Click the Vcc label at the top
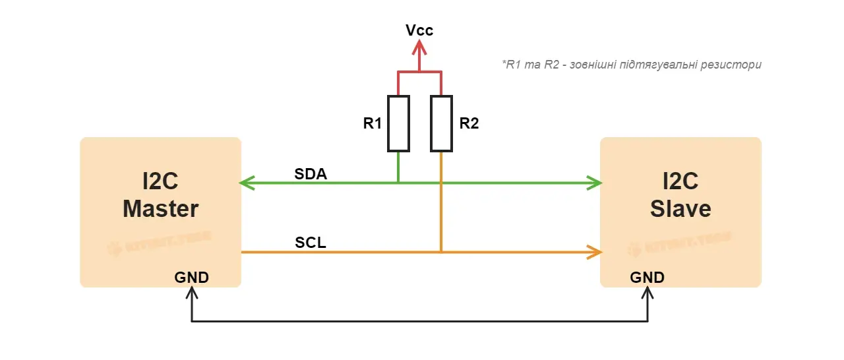coord(419,30)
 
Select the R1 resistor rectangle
coord(398,123)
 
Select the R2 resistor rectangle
coord(441,123)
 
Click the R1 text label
coord(373,124)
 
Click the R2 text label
coord(468,124)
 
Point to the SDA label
coord(311,173)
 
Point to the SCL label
coord(311,243)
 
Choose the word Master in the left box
coord(160,209)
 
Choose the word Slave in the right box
coord(680,209)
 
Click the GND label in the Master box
coord(191,278)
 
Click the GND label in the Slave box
coord(648,278)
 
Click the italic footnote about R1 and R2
coord(632,65)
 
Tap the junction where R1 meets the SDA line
coord(398,183)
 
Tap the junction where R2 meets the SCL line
coord(441,252)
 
